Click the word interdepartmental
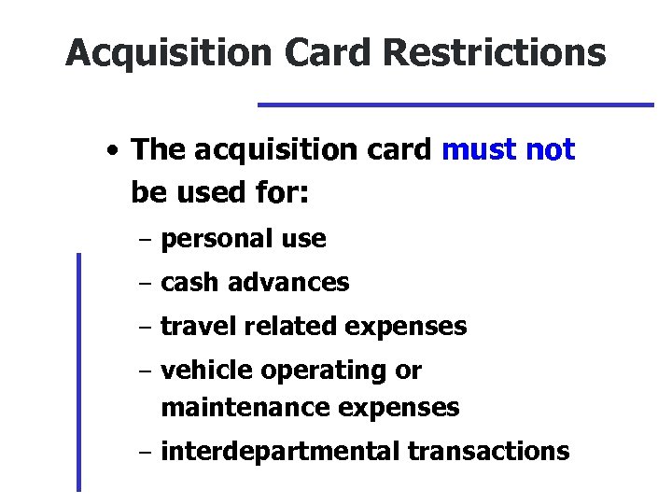(x=281, y=452)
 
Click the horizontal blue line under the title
(x=455, y=104)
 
